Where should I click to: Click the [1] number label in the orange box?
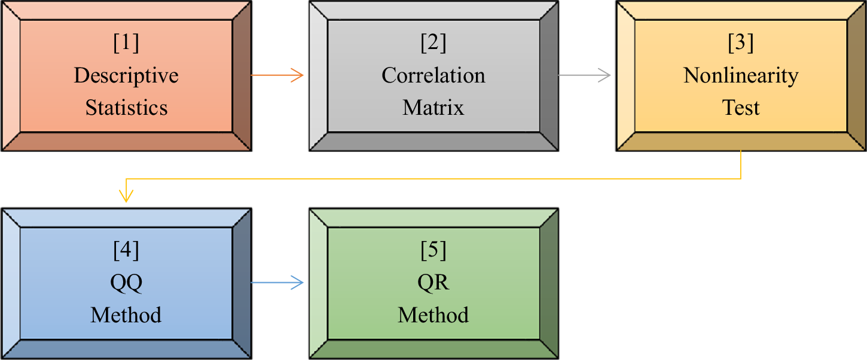click(x=126, y=43)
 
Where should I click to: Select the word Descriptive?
click(x=126, y=76)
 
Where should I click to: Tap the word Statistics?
click(x=126, y=108)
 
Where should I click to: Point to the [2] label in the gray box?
click(x=433, y=43)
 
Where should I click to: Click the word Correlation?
click(x=433, y=76)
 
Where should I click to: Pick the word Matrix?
click(x=433, y=108)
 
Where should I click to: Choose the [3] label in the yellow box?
click(x=741, y=43)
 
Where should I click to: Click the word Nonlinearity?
click(x=741, y=76)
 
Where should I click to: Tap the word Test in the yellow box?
click(x=741, y=108)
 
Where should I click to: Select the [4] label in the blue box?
click(x=126, y=251)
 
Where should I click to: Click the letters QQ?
click(x=126, y=283)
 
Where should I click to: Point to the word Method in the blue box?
click(x=126, y=315)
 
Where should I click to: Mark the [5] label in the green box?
click(x=433, y=251)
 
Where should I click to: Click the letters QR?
click(x=433, y=283)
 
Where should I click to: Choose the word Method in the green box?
click(x=433, y=315)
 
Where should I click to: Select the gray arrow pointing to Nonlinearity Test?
click(x=584, y=75)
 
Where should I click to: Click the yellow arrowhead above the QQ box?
click(x=126, y=196)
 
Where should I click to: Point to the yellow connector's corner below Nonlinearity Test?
click(x=741, y=178)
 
